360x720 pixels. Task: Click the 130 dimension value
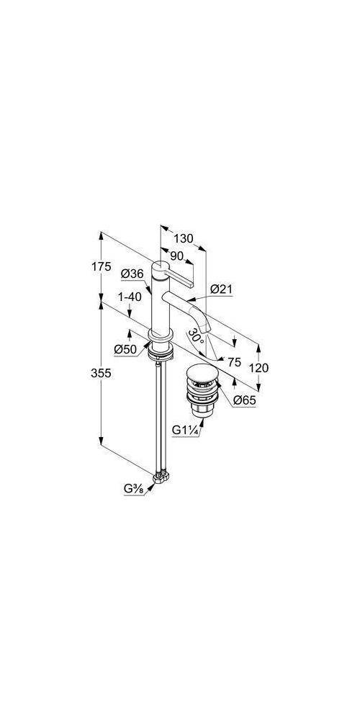point(184,239)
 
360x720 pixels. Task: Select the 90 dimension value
point(177,256)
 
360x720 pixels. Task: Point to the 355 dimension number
point(101,373)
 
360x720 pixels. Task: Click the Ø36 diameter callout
point(132,274)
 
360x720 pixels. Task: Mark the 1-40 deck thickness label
point(129,297)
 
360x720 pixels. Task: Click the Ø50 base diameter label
point(125,349)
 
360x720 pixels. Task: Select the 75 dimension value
point(234,362)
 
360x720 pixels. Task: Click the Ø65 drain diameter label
point(244,400)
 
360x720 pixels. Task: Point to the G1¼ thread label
point(186,431)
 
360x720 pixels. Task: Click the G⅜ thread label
point(134,490)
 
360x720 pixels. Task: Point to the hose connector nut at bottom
point(161,477)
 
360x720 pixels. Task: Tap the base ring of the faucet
point(161,335)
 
